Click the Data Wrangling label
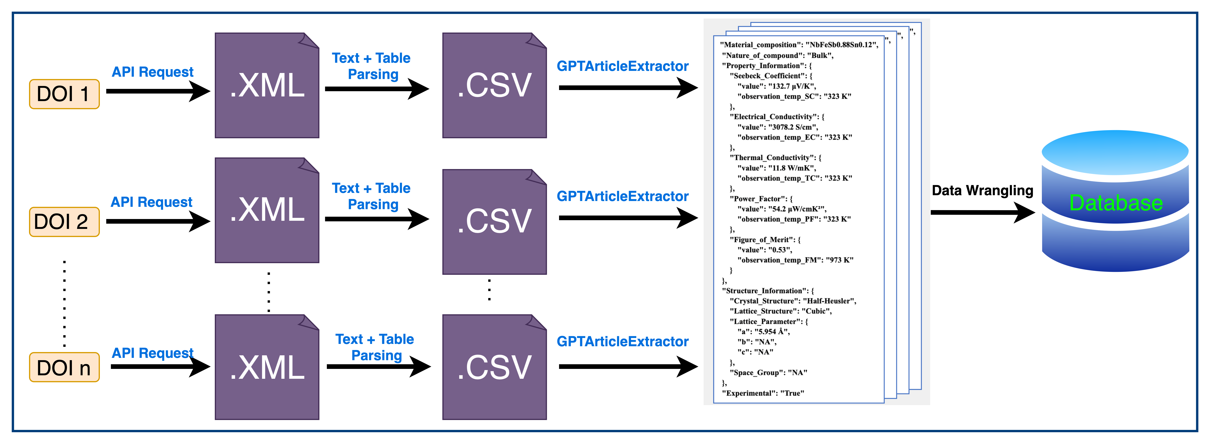click(x=982, y=191)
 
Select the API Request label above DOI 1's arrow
click(x=152, y=72)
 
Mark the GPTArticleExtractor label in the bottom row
click(x=622, y=342)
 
